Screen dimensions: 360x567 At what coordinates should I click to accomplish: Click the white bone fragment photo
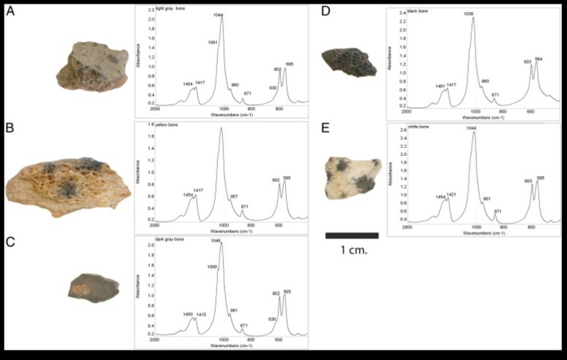(351, 178)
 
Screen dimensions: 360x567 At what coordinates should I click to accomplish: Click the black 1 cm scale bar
(351, 235)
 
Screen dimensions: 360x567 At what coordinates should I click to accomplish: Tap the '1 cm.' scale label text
(352, 250)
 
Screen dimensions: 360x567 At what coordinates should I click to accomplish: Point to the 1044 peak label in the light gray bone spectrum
(221, 14)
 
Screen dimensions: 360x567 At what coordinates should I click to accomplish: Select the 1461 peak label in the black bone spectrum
(439, 87)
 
